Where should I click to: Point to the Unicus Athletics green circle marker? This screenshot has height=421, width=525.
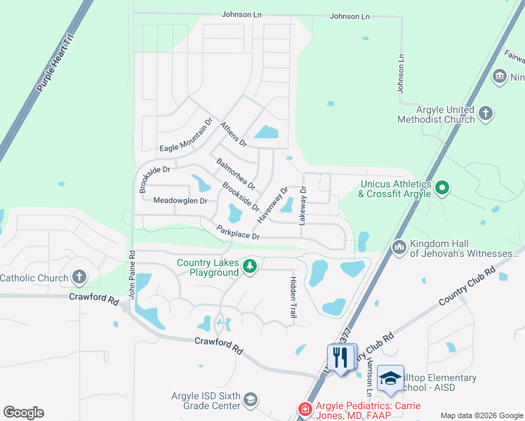[441, 188]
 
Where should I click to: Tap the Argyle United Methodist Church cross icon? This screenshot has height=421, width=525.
[485, 113]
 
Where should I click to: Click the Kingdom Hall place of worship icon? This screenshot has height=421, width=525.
[399, 246]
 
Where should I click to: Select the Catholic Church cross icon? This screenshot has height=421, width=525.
[79, 278]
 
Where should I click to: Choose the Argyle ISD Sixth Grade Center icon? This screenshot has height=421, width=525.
[251, 401]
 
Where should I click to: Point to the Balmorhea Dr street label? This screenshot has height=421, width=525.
[235, 175]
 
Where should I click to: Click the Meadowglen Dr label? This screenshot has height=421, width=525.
[180, 201]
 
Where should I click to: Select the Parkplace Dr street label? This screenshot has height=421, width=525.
[238, 232]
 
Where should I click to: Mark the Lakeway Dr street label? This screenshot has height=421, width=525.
[303, 205]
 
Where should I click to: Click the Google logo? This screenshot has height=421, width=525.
[23, 413]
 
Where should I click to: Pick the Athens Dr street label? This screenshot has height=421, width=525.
[234, 134]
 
